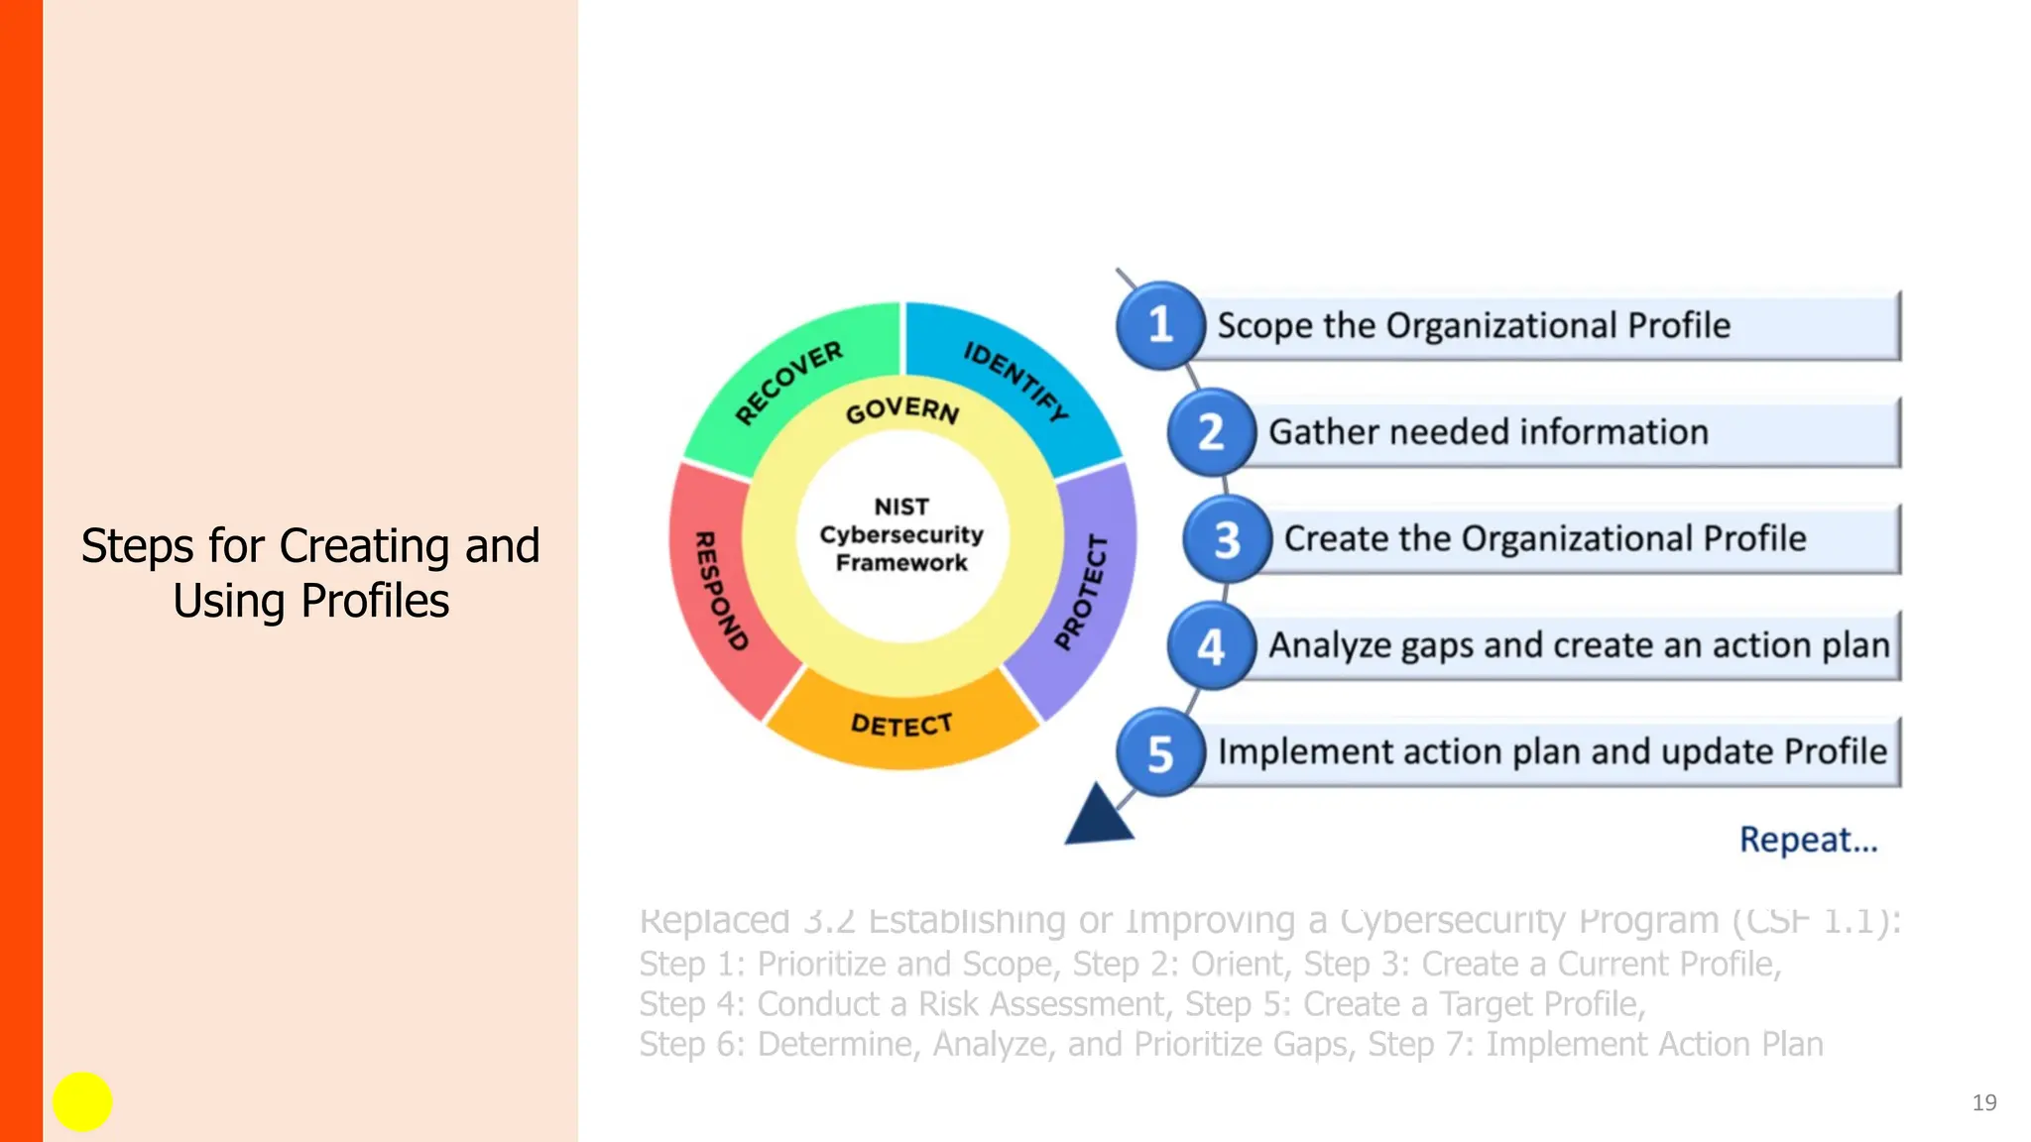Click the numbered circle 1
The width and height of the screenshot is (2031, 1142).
click(1159, 325)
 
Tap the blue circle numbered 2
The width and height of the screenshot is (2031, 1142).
click(1211, 432)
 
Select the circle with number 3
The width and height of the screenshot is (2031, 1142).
click(1227, 539)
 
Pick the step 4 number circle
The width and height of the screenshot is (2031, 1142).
click(1211, 646)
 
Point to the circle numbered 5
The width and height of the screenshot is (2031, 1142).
click(1159, 753)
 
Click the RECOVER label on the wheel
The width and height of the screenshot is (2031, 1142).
click(789, 382)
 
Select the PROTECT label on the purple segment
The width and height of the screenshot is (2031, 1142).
click(1082, 592)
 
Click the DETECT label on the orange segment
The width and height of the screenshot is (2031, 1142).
click(901, 725)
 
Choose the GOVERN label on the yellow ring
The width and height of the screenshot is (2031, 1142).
click(902, 409)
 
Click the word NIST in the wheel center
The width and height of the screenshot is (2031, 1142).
click(901, 507)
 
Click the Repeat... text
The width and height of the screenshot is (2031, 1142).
click(1808, 840)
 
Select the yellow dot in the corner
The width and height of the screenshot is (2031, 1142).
click(82, 1101)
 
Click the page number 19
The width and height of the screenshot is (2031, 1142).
click(1983, 1102)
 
